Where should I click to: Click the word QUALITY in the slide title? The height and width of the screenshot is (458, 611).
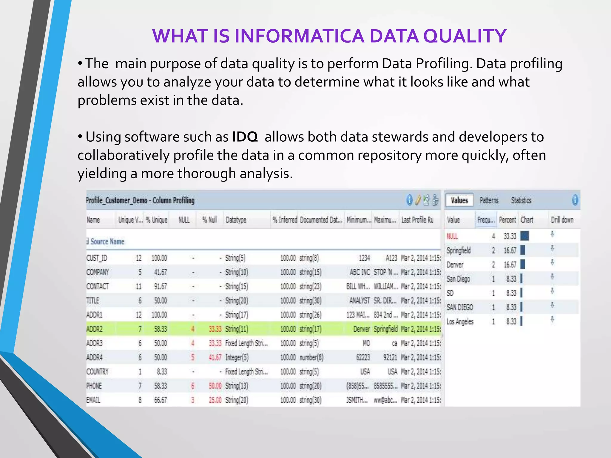pos(465,36)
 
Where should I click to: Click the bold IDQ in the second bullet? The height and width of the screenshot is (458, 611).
pos(245,137)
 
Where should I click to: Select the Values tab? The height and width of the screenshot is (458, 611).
pos(459,200)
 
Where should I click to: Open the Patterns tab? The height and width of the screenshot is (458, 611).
pos(489,200)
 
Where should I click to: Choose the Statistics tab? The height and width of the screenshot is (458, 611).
pos(521,200)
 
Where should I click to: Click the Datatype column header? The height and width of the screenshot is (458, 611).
pos(236,220)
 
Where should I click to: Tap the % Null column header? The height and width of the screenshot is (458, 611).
pos(209,220)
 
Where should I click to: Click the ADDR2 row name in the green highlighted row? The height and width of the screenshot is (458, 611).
pos(94,329)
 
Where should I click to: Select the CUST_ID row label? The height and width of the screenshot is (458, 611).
pos(97,258)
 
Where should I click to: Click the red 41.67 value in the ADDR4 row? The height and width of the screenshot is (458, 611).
pos(215,358)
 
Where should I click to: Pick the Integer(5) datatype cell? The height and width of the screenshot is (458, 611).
pos(237,358)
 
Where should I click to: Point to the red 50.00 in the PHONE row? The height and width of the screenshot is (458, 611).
pos(215,386)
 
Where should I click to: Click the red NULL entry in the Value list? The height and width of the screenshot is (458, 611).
pos(452,236)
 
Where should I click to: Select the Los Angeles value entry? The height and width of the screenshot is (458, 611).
pos(460,322)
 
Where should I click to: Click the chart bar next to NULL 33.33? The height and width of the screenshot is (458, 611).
pos(524,236)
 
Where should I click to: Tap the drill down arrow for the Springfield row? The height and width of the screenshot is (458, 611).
pos(552,248)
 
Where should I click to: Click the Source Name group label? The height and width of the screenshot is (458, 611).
pos(107,242)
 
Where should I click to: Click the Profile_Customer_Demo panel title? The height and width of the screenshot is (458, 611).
pos(140,200)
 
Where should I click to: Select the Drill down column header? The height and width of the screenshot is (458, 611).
pos(562,220)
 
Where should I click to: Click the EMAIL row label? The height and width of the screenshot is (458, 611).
pos(93,400)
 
